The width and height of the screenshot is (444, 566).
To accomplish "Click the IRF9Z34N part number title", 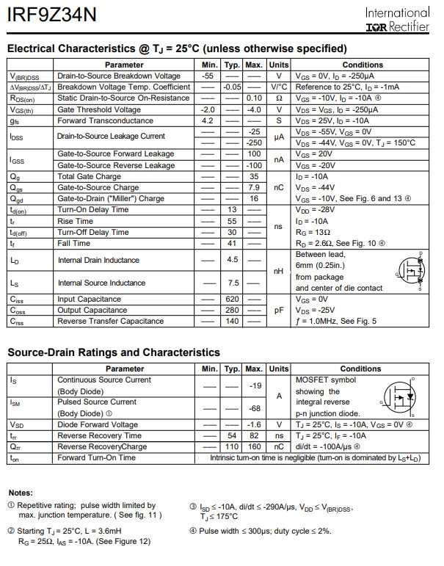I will point(44,15).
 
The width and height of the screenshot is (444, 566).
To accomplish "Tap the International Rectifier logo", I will point(397,19).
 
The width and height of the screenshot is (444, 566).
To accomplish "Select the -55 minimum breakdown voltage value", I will point(208,76).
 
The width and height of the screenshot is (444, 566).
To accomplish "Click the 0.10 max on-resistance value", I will point(255,98).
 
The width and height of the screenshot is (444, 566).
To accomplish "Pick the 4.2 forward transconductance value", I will point(208,120).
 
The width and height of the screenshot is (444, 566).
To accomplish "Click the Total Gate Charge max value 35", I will point(255,176).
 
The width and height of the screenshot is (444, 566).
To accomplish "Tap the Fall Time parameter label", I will point(74,243).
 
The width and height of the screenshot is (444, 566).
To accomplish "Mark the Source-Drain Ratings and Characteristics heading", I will point(114,353).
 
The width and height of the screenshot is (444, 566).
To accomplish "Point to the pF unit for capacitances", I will point(279,311).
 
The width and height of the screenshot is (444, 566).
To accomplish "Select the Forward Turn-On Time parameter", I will point(96,457).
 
